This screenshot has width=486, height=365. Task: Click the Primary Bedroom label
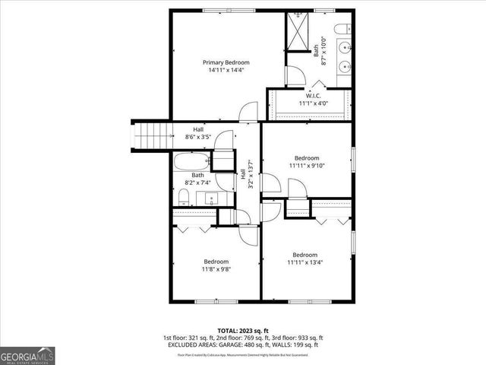(x=226, y=62)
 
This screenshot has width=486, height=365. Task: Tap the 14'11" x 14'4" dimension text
(x=226, y=70)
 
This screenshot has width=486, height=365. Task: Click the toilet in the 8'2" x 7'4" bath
(x=183, y=198)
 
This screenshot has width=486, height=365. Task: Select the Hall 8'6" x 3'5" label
(x=197, y=134)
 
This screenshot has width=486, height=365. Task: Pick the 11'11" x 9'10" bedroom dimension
(x=307, y=166)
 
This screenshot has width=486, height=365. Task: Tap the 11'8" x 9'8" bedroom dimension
(x=216, y=269)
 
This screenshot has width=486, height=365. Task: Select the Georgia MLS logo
(x=27, y=355)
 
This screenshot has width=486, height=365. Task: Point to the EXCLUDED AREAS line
(x=242, y=344)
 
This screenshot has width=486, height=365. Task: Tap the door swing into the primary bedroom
(x=248, y=113)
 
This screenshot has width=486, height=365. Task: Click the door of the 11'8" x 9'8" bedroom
(x=248, y=233)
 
